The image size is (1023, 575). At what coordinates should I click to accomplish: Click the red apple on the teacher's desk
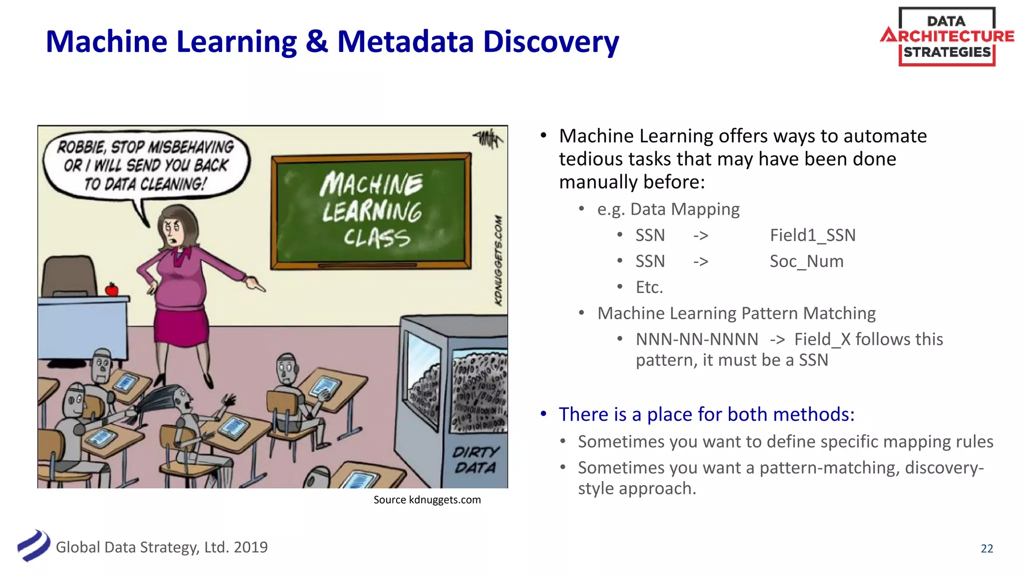pyautogui.click(x=111, y=289)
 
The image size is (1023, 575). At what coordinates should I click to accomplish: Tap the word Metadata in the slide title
pyautogui.click(x=405, y=41)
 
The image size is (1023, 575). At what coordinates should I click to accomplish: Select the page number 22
pyautogui.click(x=987, y=549)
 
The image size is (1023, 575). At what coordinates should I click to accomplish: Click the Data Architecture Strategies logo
pyautogui.click(x=947, y=37)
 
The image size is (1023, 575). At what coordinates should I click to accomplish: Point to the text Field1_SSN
pyautogui.click(x=812, y=235)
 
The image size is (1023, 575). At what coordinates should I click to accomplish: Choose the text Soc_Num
pyautogui.click(x=806, y=261)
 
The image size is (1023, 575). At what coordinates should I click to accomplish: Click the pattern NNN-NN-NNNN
pyautogui.click(x=697, y=339)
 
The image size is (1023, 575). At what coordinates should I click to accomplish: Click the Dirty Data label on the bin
pyautogui.click(x=475, y=460)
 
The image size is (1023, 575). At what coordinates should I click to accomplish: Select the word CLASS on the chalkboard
pyautogui.click(x=377, y=238)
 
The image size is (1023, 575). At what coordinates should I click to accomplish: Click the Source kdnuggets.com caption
pyautogui.click(x=427, y=500)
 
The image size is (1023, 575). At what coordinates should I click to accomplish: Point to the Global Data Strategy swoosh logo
pyautogui.click(x=33, y=546)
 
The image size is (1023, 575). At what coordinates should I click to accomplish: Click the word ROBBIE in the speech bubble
pyautogui.click(x=81, y=147)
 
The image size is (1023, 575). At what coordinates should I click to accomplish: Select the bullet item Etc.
pyautogui.click(x=649, y=287)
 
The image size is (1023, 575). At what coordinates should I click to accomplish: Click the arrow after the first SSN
pyautogui.click(x=700, y=236)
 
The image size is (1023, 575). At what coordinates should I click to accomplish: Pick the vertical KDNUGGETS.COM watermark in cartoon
pyautogui.click(x=498, y=260)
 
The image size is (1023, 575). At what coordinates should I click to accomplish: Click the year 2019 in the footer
pyautogui.click(x=251, y=548)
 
